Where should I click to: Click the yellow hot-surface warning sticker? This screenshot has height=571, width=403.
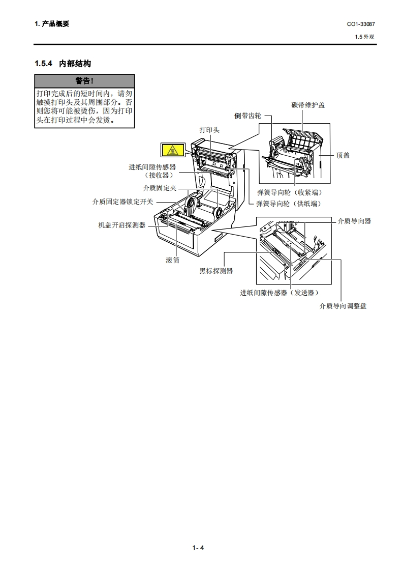[x=171, y=150]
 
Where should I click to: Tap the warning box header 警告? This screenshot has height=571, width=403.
[x=84, y=81]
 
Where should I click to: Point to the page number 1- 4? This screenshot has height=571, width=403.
[x=198, y=548]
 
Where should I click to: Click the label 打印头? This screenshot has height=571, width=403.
[x=209, y=130]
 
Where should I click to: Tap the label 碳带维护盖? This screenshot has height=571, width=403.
[x=308, y=105]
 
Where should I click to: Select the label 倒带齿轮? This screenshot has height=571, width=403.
[x=247, y=116]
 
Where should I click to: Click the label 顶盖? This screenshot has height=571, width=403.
[x=343, y=155]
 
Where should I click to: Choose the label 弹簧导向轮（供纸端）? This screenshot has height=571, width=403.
[x=289, y=204]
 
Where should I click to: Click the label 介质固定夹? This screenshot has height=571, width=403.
[x=160, y=188]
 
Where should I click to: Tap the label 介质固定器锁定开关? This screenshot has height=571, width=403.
[x=122, y=202]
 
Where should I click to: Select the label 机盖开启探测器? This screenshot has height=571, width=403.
[x=122, y=225]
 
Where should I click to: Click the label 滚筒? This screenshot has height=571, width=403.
[x=172, y=260]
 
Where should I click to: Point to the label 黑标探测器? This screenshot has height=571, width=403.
[x=216, y=271]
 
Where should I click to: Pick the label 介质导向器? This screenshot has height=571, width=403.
[x=354, y=221]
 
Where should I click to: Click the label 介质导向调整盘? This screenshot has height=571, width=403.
[x=343, y=306]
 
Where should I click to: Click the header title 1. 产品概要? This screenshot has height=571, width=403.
[x=52, y=24]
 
